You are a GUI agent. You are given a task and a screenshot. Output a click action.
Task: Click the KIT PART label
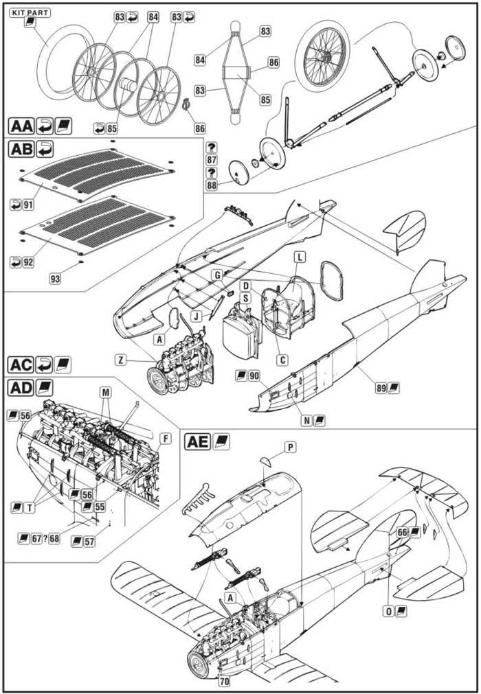click(30, 12)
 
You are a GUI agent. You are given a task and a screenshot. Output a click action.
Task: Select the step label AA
click(21, 126)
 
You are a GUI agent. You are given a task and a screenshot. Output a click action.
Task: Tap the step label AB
click(21, 149)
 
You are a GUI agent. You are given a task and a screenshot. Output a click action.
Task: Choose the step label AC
click(21, 365)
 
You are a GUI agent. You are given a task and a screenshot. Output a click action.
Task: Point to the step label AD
click(21, 388)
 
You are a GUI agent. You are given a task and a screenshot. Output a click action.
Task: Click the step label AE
click(197, 441)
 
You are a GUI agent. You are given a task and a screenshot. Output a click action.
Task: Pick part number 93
click(55, 279)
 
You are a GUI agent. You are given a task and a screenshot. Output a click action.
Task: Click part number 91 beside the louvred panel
click(28, 205)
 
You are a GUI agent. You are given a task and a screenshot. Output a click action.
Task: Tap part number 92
click(28, 262)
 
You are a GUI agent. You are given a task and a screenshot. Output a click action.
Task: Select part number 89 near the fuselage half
click(381, 388)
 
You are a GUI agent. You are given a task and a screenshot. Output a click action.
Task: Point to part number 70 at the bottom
click(225, 681)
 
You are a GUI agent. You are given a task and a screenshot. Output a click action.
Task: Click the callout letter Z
click(120, 360)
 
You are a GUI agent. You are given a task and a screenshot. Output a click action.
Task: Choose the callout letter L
click(300, 257)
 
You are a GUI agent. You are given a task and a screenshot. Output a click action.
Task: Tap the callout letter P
click(290, 448)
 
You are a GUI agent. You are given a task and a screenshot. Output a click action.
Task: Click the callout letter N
click(306, 420)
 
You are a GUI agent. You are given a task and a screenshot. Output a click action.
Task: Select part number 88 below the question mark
click(212, 185)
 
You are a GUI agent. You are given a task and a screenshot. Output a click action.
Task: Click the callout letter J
click(197, 316)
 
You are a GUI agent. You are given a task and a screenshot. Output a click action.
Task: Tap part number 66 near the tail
click(402, 533)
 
